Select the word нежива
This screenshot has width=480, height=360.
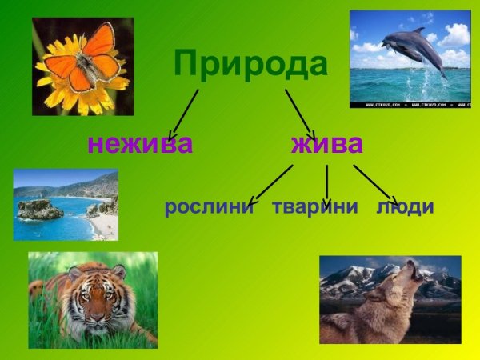pyautogui.click(x=140, y=144)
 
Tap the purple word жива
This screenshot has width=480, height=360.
pyautogui.click(x=326, y=144)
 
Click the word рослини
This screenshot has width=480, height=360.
pyautogui.click(x=209, y=207)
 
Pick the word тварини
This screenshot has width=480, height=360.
pyautogui.click(x=314, y=207)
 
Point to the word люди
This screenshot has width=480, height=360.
pyautogui.click(x=405, y=207)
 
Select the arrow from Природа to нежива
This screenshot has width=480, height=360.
pyautogui.click(x=184, y=114)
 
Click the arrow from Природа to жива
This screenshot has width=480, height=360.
pyautogui.click(x=300, y=114)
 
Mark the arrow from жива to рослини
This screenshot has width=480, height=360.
pyautogui.click(x=270, y=185)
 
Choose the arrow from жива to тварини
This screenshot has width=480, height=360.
pyautogui.click(x=326, y=185)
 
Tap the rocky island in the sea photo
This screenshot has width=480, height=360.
pyautogui.click(x=40, y=210)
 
